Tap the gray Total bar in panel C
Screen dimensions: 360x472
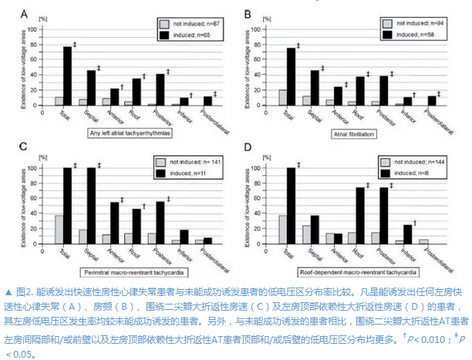[x=59, y=230]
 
